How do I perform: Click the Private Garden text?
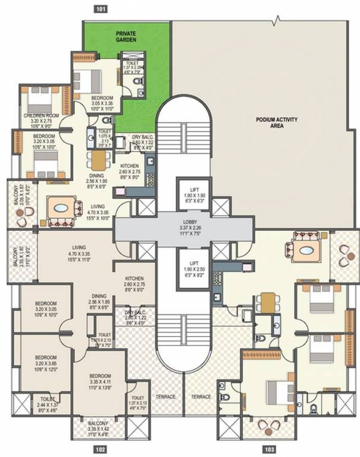(126, 37)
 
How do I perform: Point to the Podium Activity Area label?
(277, 123)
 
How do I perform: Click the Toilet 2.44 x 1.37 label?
(47, 403)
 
